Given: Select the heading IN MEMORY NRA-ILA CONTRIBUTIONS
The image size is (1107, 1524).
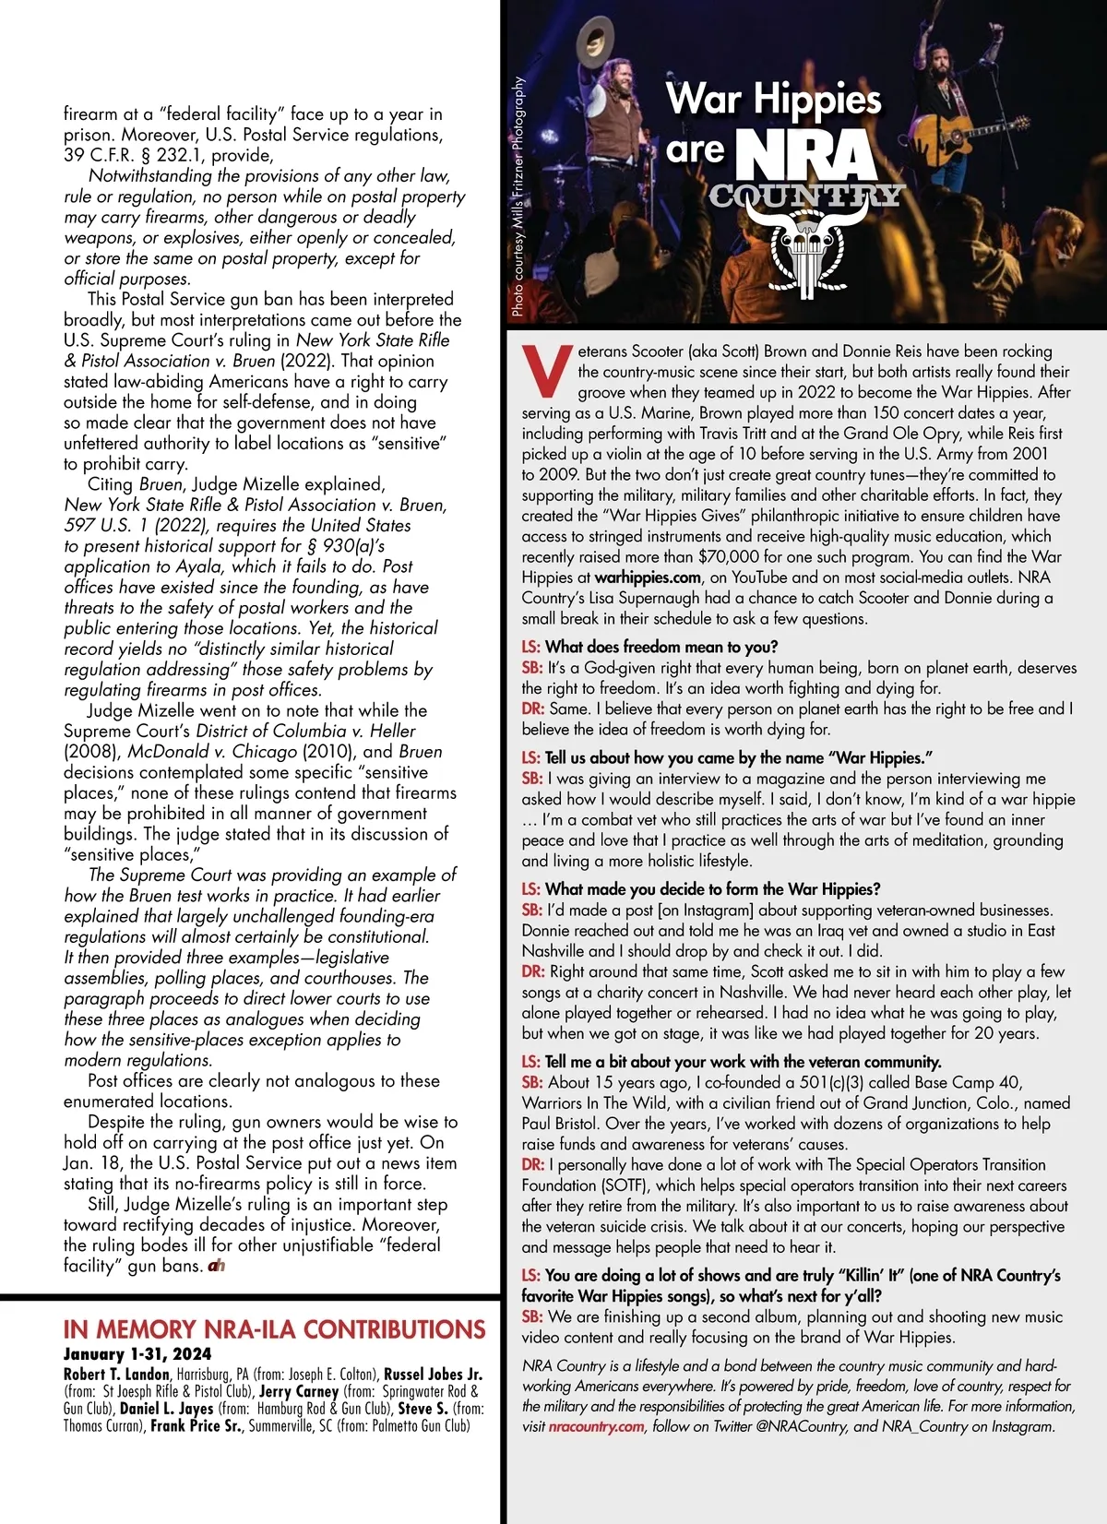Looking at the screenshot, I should click(274, 1329).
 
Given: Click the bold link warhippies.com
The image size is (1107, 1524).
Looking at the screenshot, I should click(648, 577).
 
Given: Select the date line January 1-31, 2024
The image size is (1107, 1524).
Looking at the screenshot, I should click(137, 1354).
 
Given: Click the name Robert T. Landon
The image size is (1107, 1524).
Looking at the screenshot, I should click(116, 1375).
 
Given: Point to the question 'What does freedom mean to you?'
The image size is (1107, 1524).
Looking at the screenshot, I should click(661, 647).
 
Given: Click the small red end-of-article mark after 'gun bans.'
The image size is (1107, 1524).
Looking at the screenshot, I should click(217, 1266).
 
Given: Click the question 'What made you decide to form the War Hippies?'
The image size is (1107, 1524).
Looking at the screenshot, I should click(712, 889).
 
